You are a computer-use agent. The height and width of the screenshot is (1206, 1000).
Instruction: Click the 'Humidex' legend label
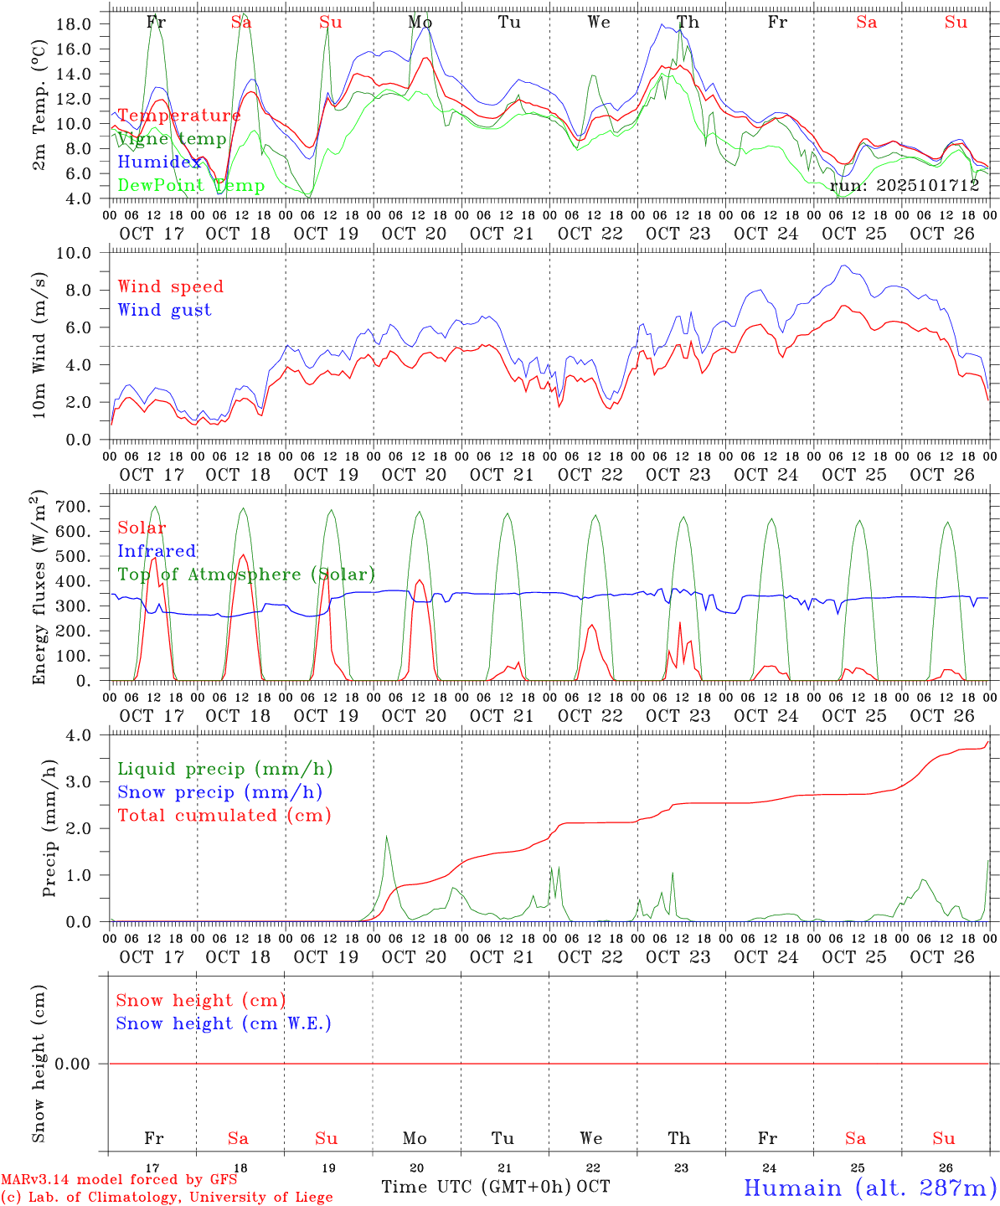click(x=159, y=162)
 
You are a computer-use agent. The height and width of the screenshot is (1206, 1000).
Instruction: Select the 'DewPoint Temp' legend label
click(x=191, y=186)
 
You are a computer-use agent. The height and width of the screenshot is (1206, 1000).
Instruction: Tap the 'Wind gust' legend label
click(x=164, y=310)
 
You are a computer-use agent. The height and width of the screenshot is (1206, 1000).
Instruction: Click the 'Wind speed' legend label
click(x=171, y=286)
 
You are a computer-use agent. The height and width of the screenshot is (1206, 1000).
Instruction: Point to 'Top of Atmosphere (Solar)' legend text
click(x=246, y=575)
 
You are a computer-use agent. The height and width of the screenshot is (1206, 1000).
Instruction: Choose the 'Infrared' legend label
click(x=157, y=551)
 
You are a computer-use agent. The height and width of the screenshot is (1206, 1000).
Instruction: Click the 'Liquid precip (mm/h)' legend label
click(x=225, y=769)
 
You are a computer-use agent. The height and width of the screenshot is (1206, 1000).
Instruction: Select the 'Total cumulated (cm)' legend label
click(x=224, y=815)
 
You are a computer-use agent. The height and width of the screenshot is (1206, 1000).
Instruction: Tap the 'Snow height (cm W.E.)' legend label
click(x=224, y=1023)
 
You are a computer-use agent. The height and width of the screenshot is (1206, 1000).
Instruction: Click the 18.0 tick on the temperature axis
click(x=74, y=23)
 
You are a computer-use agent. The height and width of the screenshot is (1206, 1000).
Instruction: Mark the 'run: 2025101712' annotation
click(x=905, y=186)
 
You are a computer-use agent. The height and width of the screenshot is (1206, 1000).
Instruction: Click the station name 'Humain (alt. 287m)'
click(x=869, y=1188)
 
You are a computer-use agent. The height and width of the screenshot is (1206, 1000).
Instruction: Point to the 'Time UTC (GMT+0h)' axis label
click(x=477, y=1187)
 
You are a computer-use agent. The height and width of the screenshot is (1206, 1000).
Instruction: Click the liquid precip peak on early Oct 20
click(x=386, y=836)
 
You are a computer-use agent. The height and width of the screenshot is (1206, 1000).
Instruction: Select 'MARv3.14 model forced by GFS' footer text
click(x=119, y=1180)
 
